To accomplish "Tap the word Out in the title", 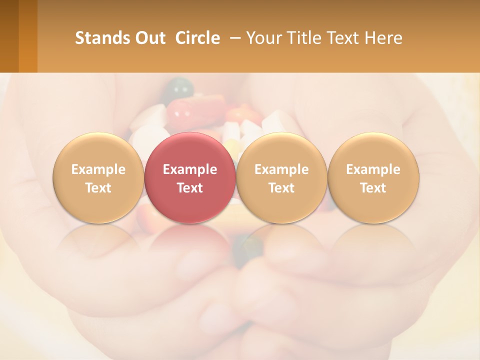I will pyautogui.click(x=149, y=38).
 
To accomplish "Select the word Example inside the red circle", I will pyautogui.click(x=189, y=169).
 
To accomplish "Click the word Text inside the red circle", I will pyautogui.click(x=189, y=188).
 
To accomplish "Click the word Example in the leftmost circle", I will pyautogui.click(x=98, y=169).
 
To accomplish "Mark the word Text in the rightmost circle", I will pyautogui.click(x=373, y=188).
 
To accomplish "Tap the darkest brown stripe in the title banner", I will pyautogui.click(x=9, y=36).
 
